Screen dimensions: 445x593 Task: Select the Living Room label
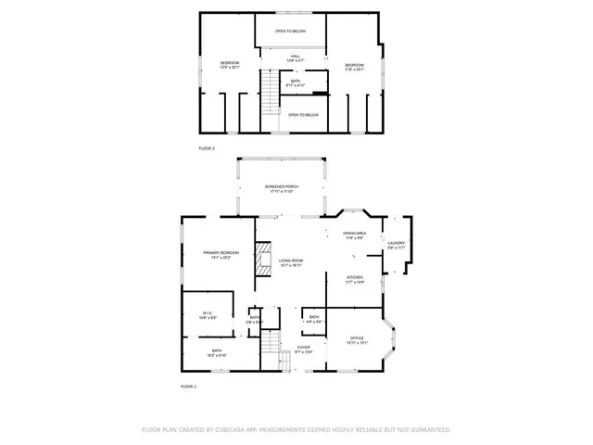(x=291, y=262)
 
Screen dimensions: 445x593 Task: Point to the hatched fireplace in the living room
(x=263, y=255)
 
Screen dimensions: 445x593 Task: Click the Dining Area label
(x=354, y=235)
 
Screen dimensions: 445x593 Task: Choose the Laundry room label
(x=396, y=245)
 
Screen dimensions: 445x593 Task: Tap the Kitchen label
(x=354, y=278)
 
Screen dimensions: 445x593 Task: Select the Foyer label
(x=303, y=349)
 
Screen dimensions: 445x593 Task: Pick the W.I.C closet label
(x=208, y=315)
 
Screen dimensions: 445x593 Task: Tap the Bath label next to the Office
(x=314, y=319)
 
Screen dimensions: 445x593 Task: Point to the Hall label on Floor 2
(x=295, y=58)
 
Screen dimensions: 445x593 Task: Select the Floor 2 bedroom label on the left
(x=229, y=65)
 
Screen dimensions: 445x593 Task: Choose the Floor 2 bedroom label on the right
(x=353, y=65)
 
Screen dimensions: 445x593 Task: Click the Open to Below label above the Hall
(x=291, y=32)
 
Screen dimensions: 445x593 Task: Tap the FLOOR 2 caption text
(x=207, y=148)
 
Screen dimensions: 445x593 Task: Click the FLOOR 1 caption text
(x=188, y=386)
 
